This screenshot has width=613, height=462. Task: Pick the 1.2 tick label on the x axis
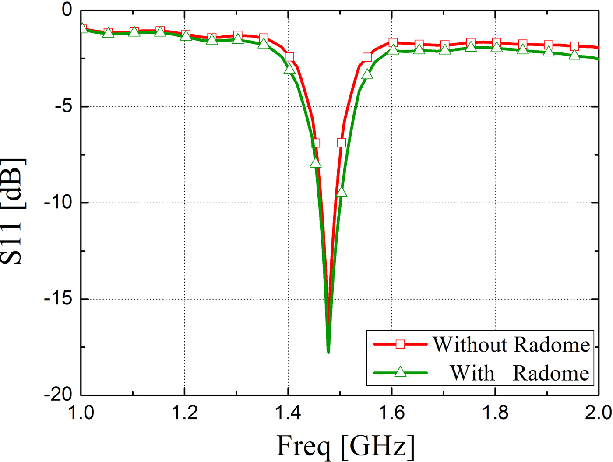(x=184, y=413)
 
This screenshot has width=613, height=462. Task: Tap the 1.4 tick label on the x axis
(x=288, y=413)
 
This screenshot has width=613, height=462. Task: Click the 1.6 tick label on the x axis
(x=391, y=413)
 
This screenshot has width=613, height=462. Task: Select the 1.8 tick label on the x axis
(x=495, y=413)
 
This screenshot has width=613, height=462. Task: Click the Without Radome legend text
(x=511, y=345)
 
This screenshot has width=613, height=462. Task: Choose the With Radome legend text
(x=519, y=373)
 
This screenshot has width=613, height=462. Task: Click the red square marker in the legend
(x=400, y=344)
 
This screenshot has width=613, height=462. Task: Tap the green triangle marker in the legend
(x=400, y=372)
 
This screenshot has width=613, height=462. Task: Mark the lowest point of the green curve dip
(x=328, y=352)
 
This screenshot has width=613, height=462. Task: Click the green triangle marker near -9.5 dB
(x=342, y=192)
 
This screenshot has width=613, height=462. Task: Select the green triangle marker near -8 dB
(x=315, y=163)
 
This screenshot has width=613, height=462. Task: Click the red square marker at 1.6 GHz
(x=393, y=42)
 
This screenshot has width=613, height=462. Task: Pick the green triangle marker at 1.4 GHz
(x=289, y=69)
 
